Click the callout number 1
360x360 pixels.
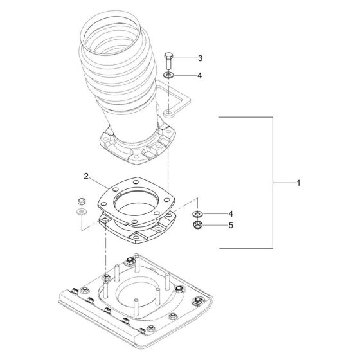click(298, 183)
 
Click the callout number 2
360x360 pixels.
click(86, 176)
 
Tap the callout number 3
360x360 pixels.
click(200, 59)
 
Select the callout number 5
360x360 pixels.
click(231, 225)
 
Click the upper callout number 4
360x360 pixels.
click(200, 76)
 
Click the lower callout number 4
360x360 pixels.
click(231, 214)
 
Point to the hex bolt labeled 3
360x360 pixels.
click(168, 60)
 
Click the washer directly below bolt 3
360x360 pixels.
click(168, 75)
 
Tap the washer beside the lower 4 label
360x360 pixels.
click(197, 214)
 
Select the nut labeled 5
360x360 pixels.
click(197, 225)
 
